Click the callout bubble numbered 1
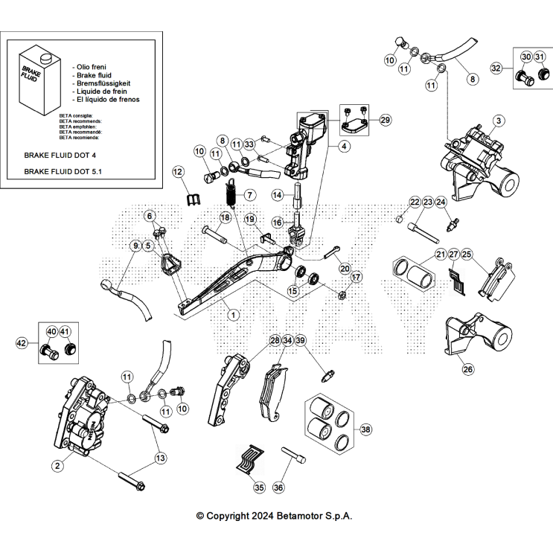click(233, 315)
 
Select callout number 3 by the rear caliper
click(499, 121)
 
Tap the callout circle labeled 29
click(384, 120)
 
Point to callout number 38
click(365, 429)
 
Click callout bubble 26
click(467, 368)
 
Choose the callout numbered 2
click(57, 467)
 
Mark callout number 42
click(22, 343)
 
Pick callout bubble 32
click(496, 68)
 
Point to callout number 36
click(278, 488)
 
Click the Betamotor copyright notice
click(274, 515)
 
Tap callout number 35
click(258, 488)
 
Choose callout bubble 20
click(345, 268)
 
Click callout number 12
click(178, 172)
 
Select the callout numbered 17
click(355, 278)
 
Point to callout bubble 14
click(276, 194)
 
